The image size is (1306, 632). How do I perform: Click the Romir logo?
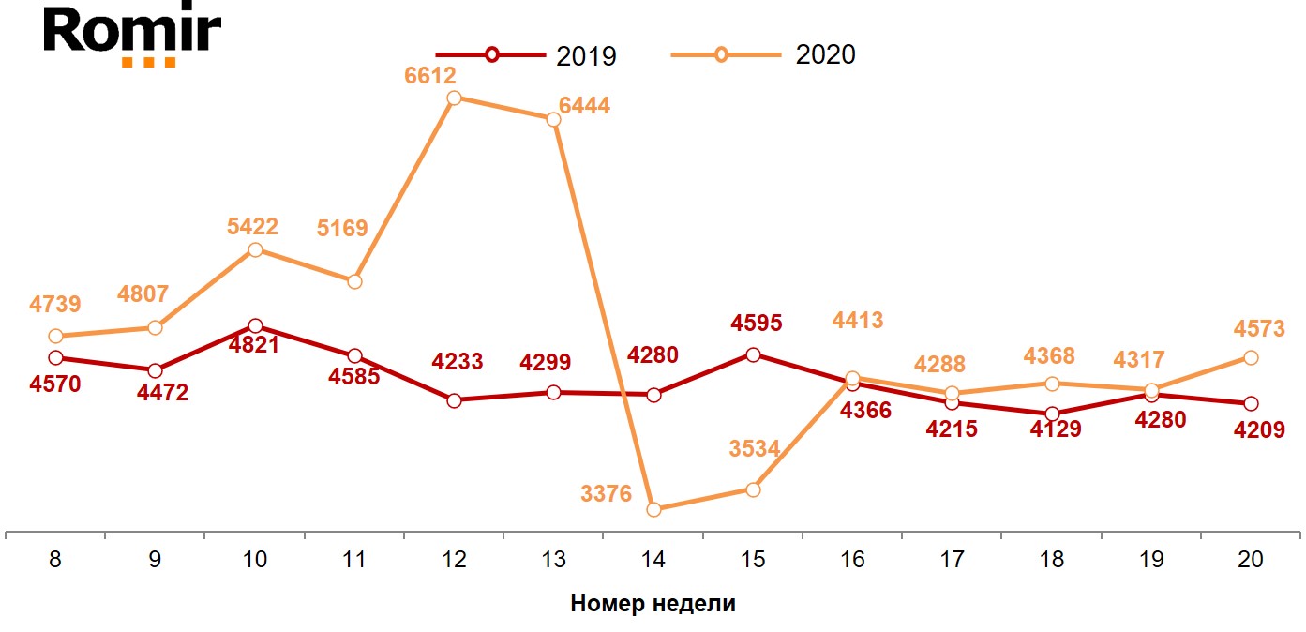131,35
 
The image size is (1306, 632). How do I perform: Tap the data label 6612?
430,77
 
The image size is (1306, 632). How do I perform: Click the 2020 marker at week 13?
554,119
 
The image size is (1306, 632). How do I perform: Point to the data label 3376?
607,493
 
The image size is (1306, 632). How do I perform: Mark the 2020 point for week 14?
653,509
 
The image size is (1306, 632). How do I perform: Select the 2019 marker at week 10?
255,325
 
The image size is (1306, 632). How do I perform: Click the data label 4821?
255,345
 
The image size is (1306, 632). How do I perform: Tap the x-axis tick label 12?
454,560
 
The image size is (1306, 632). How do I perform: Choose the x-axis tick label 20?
1250,560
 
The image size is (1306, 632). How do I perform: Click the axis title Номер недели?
653,603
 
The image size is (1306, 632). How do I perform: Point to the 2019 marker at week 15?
753,354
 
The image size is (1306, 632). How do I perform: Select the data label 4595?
757,324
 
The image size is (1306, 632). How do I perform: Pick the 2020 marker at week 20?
1250,357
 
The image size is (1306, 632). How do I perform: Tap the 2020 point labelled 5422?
255,249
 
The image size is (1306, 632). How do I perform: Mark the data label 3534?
755,448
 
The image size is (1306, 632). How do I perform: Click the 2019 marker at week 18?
1052,414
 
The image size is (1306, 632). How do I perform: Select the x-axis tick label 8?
55,560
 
